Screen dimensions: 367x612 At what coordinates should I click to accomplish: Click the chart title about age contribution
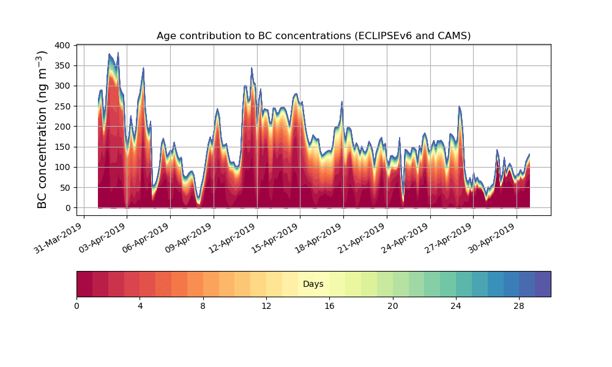click(313, 35)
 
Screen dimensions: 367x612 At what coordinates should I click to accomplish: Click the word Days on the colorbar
click(313, 284)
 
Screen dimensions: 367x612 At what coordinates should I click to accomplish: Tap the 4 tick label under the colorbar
click(140, 306)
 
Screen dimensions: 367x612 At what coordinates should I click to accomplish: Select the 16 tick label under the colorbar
click(329, 306)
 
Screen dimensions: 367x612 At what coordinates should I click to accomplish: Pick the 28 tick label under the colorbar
click(519, 306)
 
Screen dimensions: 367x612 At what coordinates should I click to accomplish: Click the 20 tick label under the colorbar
click(392, 306)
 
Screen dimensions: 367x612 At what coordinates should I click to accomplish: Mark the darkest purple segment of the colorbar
click(543, 284)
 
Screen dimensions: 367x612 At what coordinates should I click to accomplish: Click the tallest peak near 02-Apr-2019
click(118, 54)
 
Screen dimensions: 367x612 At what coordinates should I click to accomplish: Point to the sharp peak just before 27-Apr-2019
click(459, 107)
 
